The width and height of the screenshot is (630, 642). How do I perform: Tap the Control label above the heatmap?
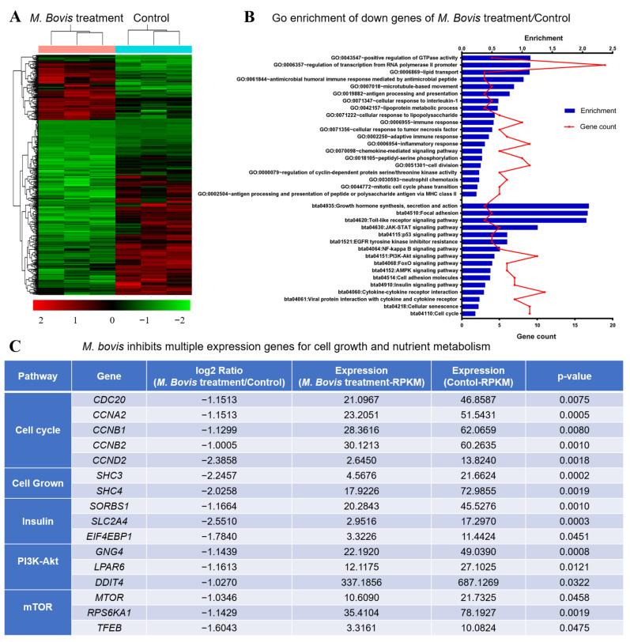pyautogui.click(x=152, y=17)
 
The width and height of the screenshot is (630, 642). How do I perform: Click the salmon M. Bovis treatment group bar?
pyautogui.click(x=76, y=49)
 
